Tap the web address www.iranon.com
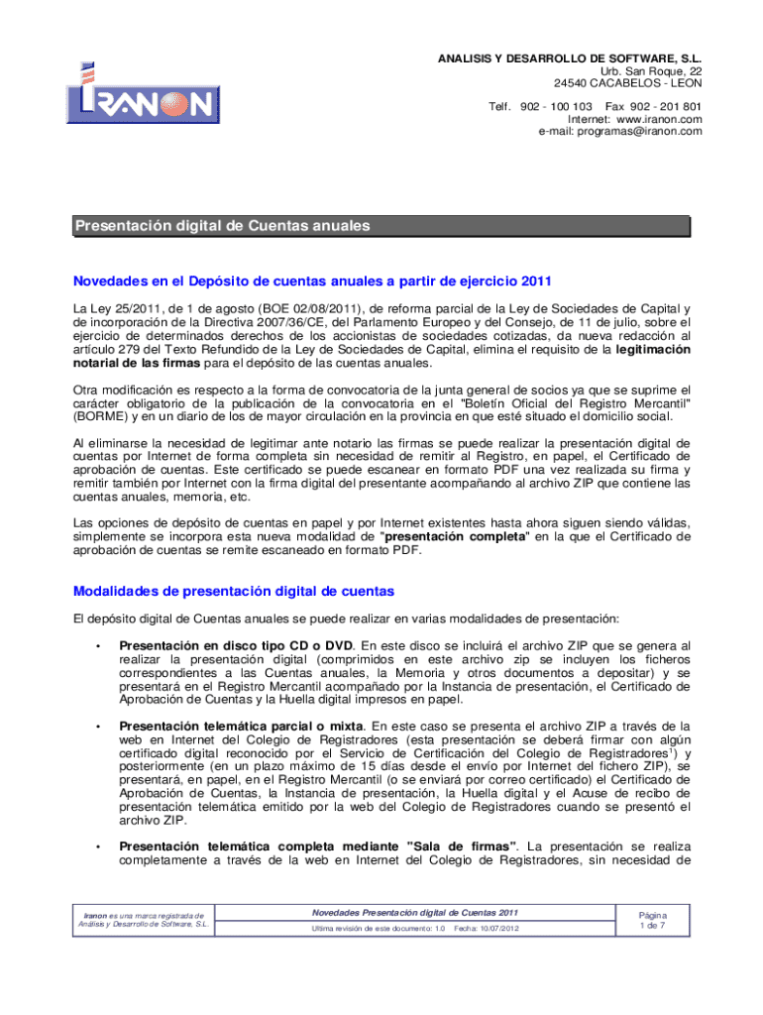coord(659,119)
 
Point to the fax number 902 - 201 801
coord(667,106)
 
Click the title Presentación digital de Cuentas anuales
coord(223,227)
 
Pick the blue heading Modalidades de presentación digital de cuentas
coord(234,591)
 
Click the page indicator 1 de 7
coord(653,927)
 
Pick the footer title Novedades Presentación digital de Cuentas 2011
coord(415,912)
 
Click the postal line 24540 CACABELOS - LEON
coord(627,84)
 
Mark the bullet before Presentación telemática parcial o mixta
coord(97,726)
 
